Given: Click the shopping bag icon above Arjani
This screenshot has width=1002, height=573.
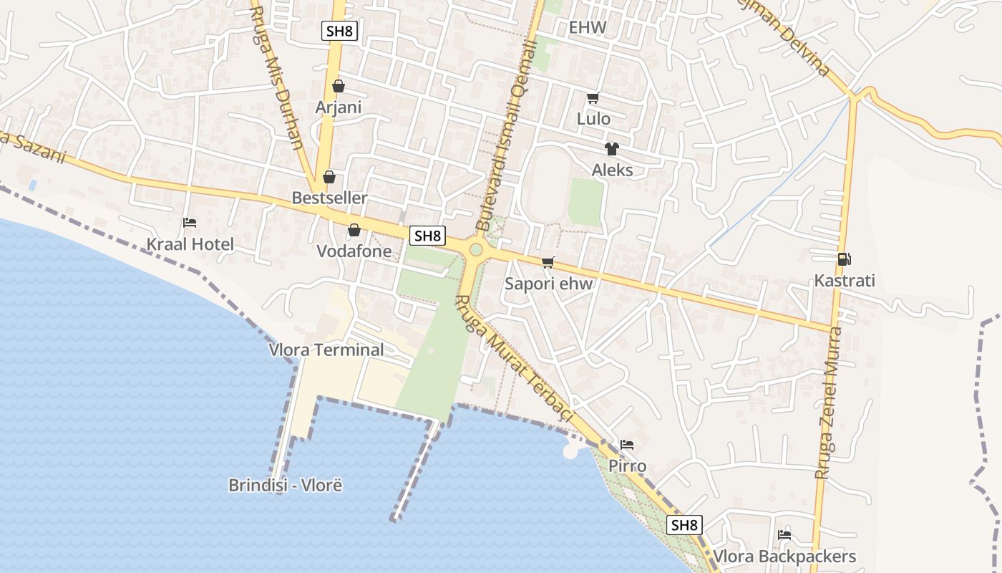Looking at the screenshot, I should coord(339,87).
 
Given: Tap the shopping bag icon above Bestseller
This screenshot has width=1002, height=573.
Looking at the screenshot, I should coord(329,177).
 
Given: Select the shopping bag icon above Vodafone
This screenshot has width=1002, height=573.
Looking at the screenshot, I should coord(354,231).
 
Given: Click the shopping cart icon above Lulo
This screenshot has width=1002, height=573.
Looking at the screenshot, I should coord(593,98).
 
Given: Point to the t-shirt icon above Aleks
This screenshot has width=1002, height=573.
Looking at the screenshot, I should coord(611,149).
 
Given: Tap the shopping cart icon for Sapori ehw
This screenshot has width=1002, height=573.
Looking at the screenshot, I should coord(548,263).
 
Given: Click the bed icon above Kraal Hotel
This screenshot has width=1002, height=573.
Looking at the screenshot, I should coord(190,223).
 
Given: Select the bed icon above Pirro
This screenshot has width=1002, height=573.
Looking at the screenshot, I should coord(626,445).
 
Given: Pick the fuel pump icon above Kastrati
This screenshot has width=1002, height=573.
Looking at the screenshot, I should coord(844,259).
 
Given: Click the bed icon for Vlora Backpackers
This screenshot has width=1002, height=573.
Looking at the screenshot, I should coord(784,535).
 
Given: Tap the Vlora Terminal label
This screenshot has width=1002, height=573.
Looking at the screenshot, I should coord(326,350).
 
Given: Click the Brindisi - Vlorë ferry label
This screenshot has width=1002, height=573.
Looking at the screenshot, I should coord(286,485).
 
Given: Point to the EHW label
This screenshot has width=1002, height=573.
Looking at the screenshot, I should coord(587,28).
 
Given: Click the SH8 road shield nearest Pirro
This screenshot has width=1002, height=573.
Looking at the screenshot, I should coord(684,525).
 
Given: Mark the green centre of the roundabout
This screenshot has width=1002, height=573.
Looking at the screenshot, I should coord(476,250).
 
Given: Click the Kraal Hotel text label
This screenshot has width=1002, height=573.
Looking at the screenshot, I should coord(190,244).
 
